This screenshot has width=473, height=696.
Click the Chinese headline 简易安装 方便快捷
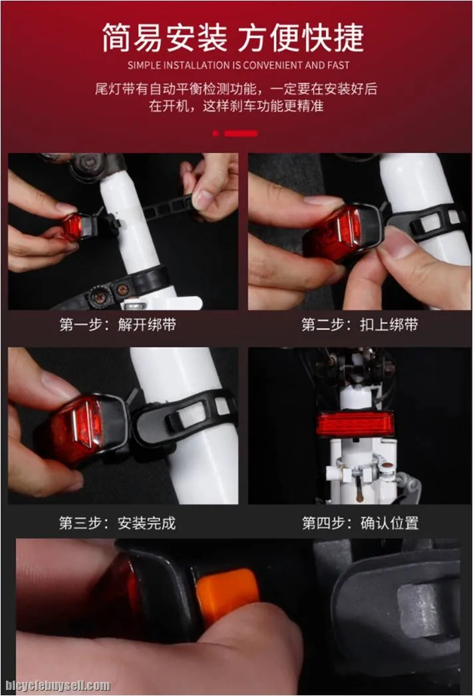pos(233,38)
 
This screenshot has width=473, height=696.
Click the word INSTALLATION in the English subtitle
pos(196,65)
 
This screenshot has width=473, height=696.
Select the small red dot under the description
pos(216,133)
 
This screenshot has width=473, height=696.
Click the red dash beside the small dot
pos(241,133)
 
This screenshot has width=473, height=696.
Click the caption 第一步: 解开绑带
pos(118,325)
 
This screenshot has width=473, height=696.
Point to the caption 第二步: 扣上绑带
pos(359,325)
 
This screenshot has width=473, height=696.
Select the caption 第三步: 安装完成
pos(118,523)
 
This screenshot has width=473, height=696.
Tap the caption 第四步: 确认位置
pos(360,523)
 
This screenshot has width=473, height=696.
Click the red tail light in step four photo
pos(355,423)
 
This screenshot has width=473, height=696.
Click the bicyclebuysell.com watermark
pos(58,686)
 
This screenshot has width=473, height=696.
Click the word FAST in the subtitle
pos(338,65)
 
